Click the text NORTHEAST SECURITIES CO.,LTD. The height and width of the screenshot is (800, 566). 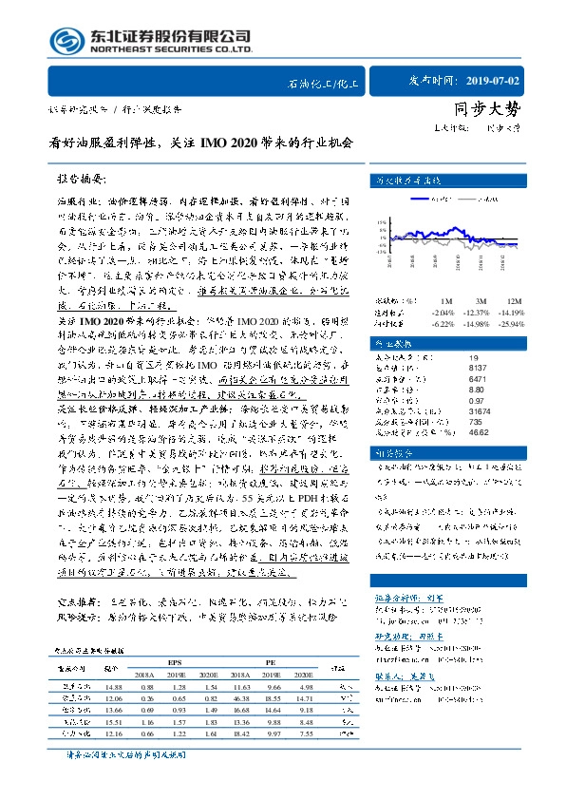pyautogui.click(x=170, y=49)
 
